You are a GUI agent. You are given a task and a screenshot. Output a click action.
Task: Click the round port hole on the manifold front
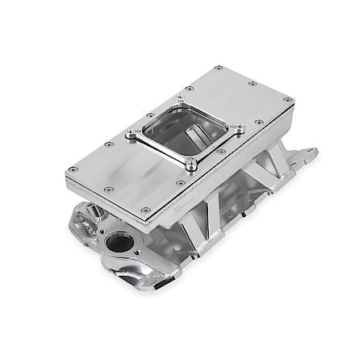(x=119, y=243)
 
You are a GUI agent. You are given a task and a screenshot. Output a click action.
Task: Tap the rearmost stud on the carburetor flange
(x=180, y=99)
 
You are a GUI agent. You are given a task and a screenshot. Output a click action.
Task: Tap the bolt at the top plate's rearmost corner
(x=218, y=69)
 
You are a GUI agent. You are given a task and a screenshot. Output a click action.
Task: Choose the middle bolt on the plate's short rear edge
(x=252, y=83)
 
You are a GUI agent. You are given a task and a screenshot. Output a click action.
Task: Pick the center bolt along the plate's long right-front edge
(x=220, y=152)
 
